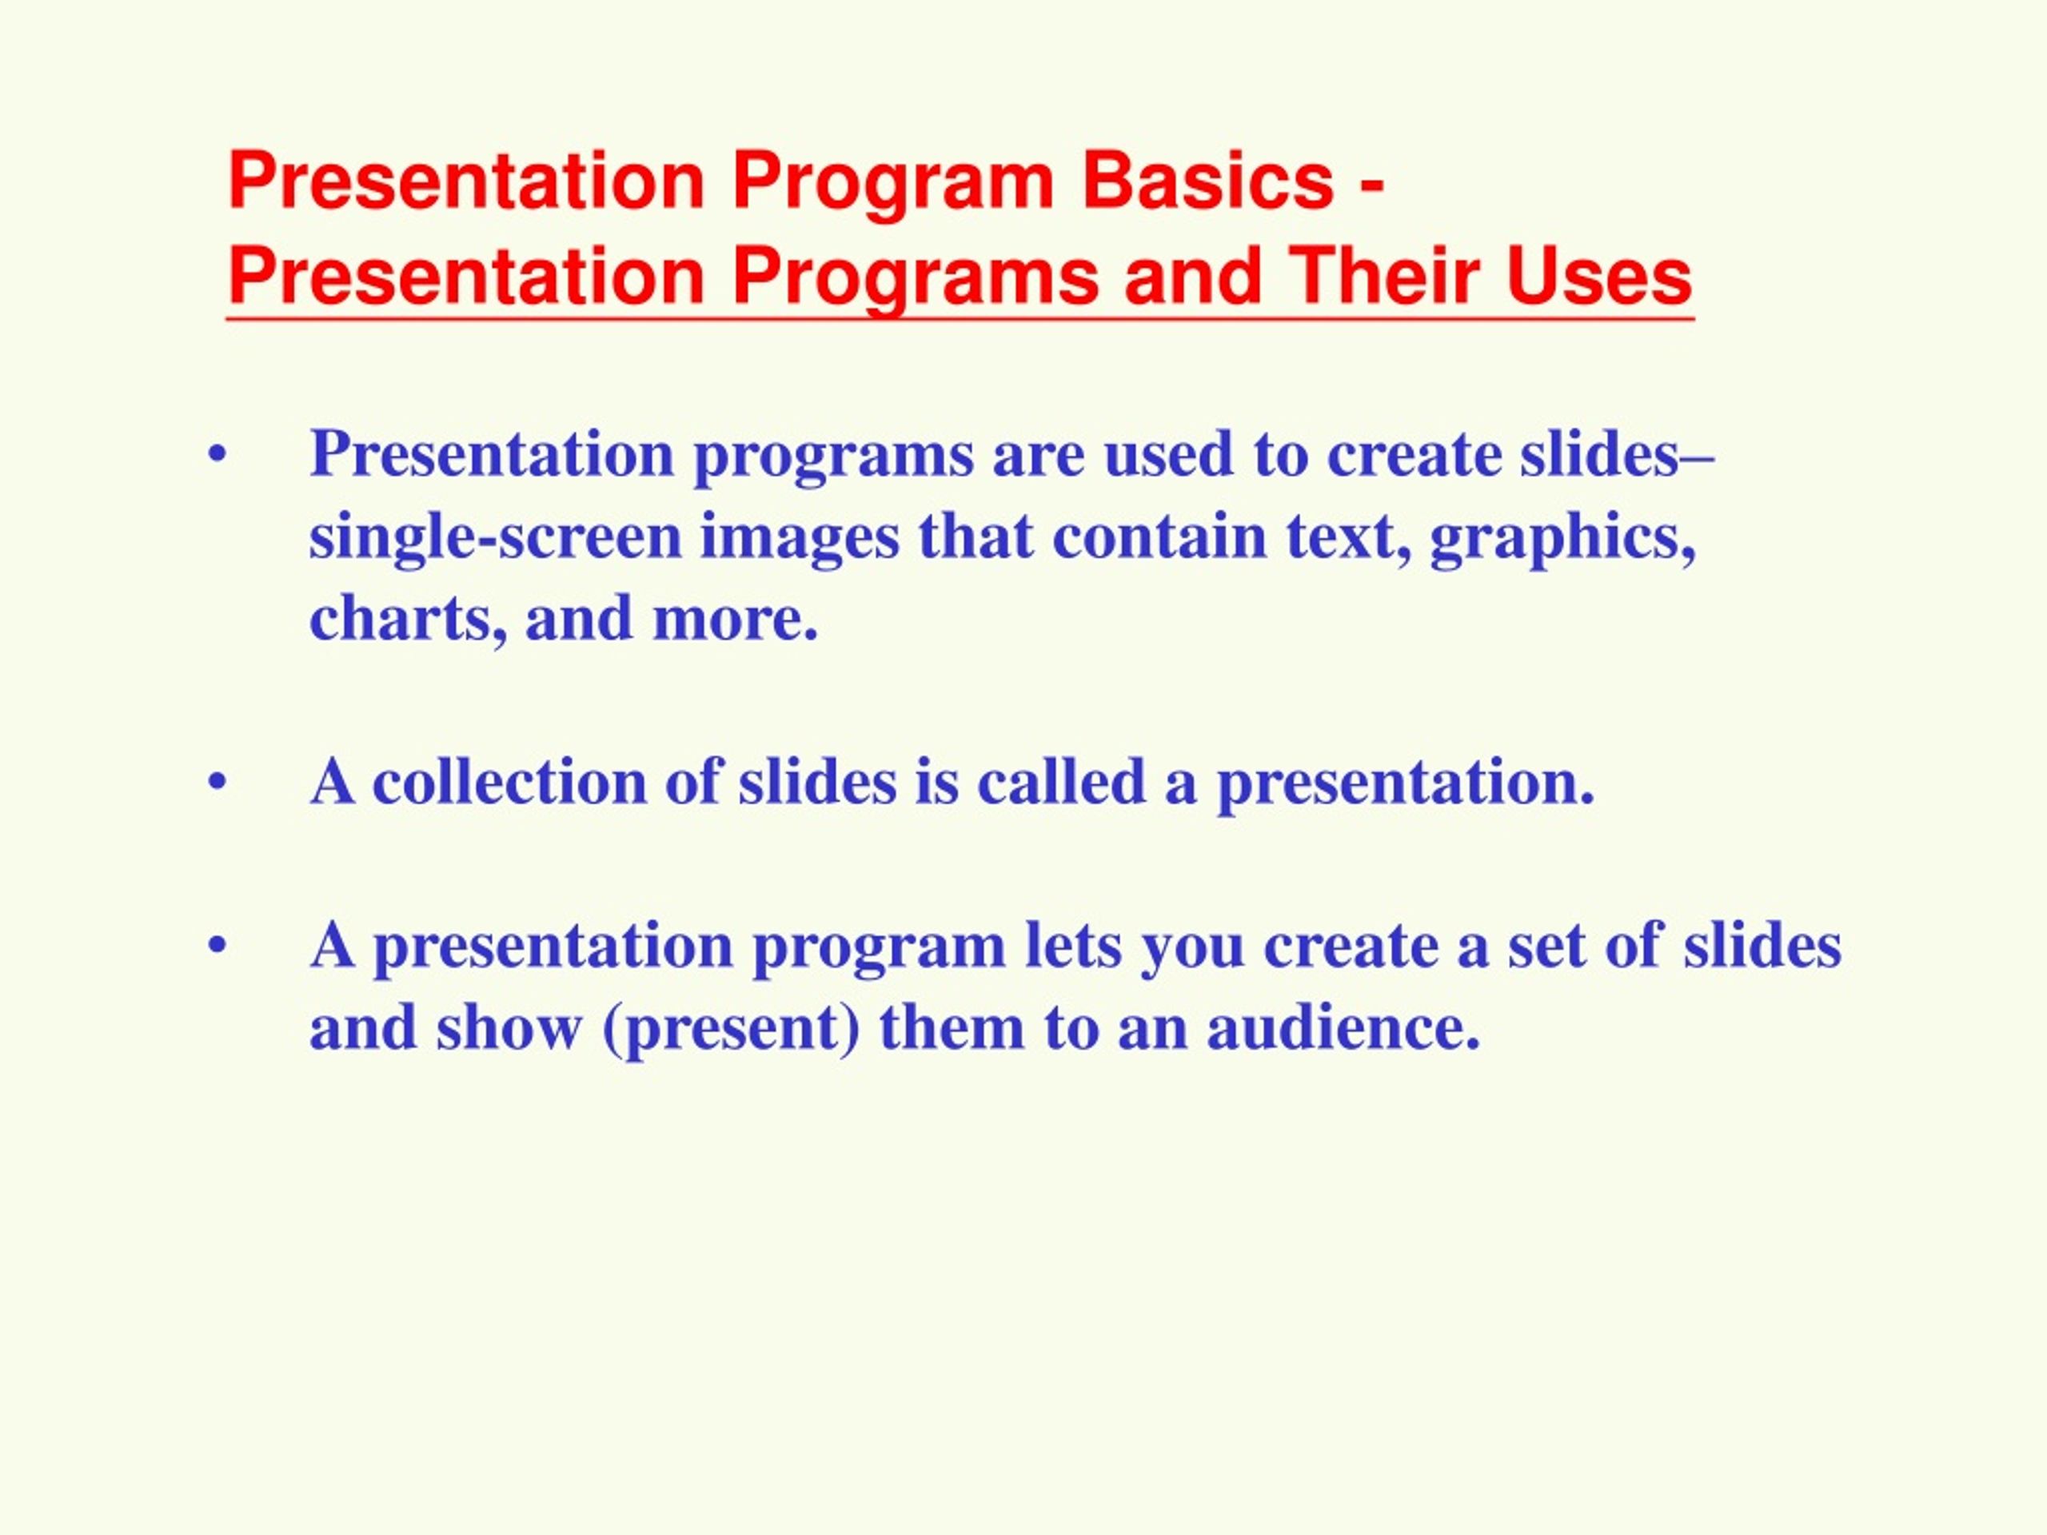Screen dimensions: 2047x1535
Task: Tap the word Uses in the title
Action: coord(1599,276)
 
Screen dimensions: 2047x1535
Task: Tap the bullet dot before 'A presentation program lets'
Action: coord(218,947)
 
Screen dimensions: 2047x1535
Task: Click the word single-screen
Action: coord(495,537)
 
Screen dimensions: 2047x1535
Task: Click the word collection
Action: coord(510,782)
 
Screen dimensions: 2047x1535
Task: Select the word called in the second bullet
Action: coord(1061,782)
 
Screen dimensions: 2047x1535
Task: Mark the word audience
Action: coord(1343,1028)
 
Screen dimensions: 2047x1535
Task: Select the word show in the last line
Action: coord(510,1028)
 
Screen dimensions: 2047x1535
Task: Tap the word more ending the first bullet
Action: coord(736,619)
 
